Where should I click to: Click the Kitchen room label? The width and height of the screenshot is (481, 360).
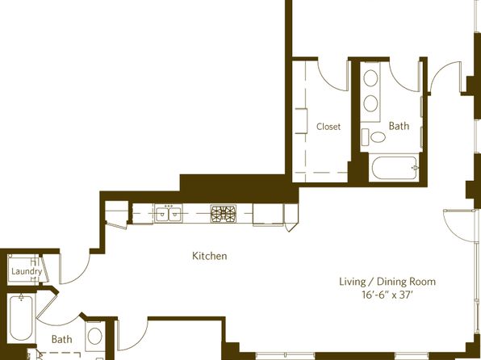[210, 256]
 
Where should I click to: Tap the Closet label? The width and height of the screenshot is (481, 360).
[328, 127]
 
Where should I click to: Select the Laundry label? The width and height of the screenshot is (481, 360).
[27, 271]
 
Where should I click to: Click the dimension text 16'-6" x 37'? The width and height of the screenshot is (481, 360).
[387, 295]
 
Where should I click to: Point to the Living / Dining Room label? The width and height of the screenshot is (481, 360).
[387, 282]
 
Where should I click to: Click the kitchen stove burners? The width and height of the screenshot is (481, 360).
[224, 214]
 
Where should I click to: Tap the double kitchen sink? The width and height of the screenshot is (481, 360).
[168, 214]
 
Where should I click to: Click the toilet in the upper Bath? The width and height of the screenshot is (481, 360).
[374, 137]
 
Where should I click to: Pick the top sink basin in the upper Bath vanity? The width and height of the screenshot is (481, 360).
[370, 77]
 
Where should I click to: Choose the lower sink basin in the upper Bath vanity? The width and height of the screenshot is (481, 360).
[370, 103]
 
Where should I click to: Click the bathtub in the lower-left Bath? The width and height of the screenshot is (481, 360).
[21, 318]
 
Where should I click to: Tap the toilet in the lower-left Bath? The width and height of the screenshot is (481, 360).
[94, 336]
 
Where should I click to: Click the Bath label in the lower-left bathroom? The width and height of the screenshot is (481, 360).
[61, 339]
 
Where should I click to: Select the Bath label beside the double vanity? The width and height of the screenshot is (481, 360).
[399, 126]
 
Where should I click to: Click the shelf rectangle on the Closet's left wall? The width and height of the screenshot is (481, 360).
[301, 120]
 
